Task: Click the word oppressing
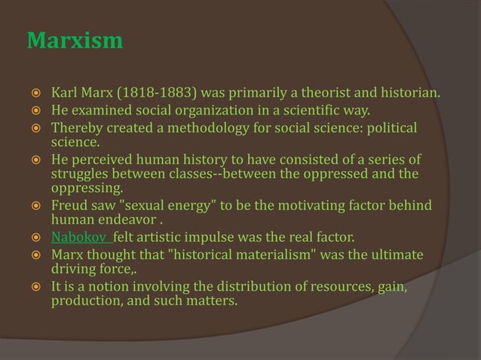pyautogui.click(x=85, y=188)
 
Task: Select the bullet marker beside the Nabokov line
pyautogui.click(x=35, y=239)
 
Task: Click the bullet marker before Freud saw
pyautogui.click(x=35, y=206)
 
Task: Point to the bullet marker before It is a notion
pyautogui.click(x=35, y=289)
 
